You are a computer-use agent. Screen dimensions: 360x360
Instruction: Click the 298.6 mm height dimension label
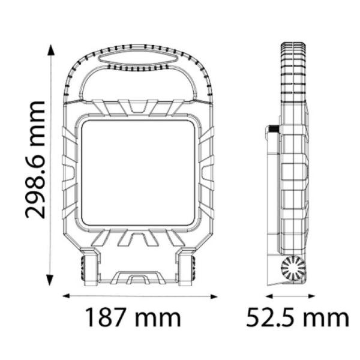click(x=35, y=159)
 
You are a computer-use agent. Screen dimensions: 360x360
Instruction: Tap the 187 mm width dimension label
click(x=133, y=318)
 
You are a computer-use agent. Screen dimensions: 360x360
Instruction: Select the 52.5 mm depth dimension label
click(x=298, y=318)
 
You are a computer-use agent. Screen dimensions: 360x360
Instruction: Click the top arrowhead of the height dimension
click(x=51, y=50)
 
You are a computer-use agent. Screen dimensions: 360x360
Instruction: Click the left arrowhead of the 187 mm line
click(x=67, y=296)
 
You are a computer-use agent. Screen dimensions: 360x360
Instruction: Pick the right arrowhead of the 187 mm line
click(x=214, y=296)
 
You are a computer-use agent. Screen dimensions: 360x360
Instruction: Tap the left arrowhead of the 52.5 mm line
click(x=269, y=296)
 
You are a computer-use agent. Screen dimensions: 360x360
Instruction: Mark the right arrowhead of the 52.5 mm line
click(x=311, y=296)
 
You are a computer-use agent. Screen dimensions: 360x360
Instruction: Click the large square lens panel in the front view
click(x=138, y=173)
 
